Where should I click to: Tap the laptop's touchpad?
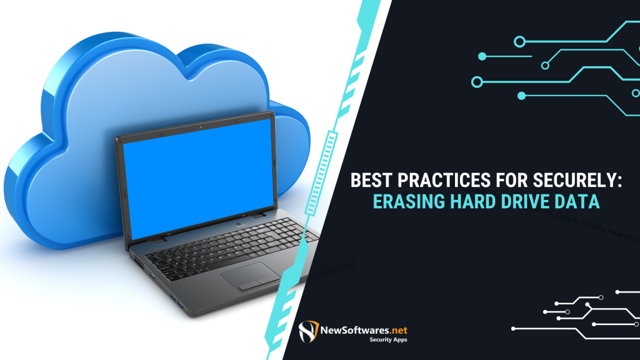[250, 276]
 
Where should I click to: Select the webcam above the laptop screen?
[200, 127]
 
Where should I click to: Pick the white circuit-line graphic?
[581, 316]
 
